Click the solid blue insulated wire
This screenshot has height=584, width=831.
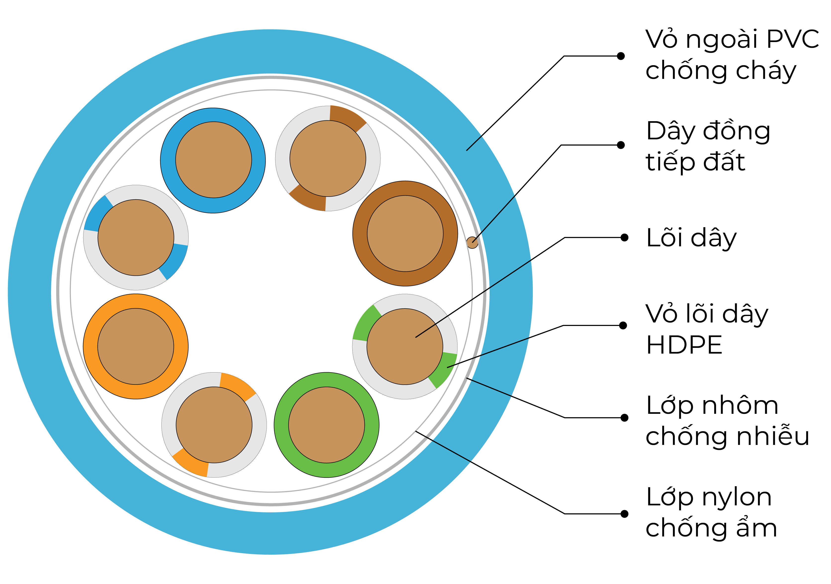[213, 160]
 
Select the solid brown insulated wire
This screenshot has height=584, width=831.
[405, 234]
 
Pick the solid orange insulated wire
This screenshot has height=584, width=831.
[136, 346]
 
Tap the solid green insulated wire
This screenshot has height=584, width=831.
[326, 425]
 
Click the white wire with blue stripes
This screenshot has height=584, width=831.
[136, 238]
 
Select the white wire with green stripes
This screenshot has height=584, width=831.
[405, 347]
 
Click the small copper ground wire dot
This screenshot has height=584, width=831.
[472, 242]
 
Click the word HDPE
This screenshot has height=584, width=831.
[684, 345]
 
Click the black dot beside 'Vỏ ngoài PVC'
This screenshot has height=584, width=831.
[621, 56]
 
